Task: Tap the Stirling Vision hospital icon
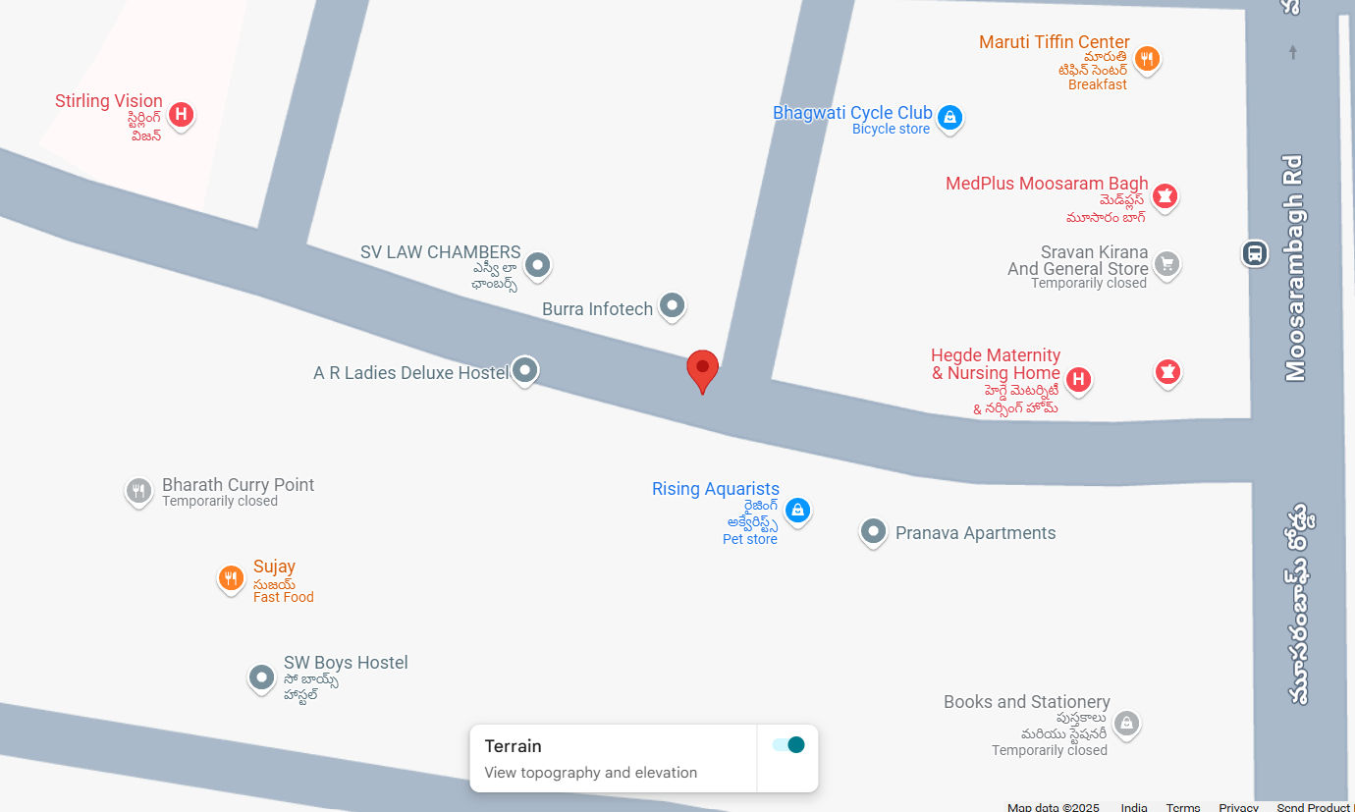[x=180, y=115]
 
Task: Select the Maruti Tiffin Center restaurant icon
[x=1147, y=59]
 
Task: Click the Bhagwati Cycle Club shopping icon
[x=948, y=118]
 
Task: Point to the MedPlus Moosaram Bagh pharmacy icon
[x=1165, y=195]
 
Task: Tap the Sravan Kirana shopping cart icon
[x=1166, y=263]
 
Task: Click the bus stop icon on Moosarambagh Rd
[x=1254, y=253]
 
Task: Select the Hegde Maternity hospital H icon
[x=1078, y=379]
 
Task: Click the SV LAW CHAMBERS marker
[x=537, y=264]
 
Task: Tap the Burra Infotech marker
[x=672, y=305]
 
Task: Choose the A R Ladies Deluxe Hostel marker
[x=525, y=370]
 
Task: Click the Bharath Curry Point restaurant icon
[x=138, y=491]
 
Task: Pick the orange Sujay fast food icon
[x=231, y=578]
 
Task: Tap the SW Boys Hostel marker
[x=261, y=677]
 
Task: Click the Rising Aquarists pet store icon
[x=797, y=510]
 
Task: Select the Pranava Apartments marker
[x=873, y=532]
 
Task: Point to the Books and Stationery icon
[x=1126, y=724]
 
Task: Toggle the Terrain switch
[x=788, y=745]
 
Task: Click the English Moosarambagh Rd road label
[x=1294, y=267]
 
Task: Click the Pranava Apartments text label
[x=975, y=533]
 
